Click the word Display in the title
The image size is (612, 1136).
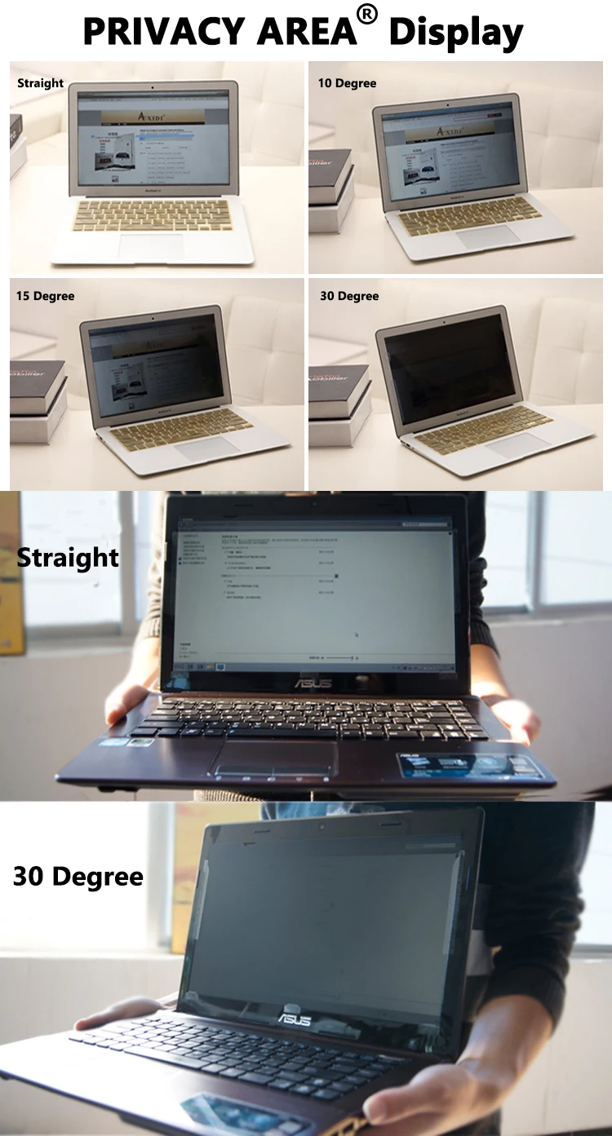(x=457, y=33)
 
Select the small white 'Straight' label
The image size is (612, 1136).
(x=40, y=83)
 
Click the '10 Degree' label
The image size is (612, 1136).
(x=347, y=83)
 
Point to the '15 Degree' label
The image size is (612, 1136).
(x=45, y=296)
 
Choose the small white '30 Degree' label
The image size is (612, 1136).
(x=349, y=296)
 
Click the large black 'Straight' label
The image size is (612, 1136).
(x=68, y=558)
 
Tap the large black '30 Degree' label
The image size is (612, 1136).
(x=78, y=877)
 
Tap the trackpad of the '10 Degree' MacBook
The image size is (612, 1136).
(x=488, y=236)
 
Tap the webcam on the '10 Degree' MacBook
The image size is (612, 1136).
(x=448, y=104)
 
